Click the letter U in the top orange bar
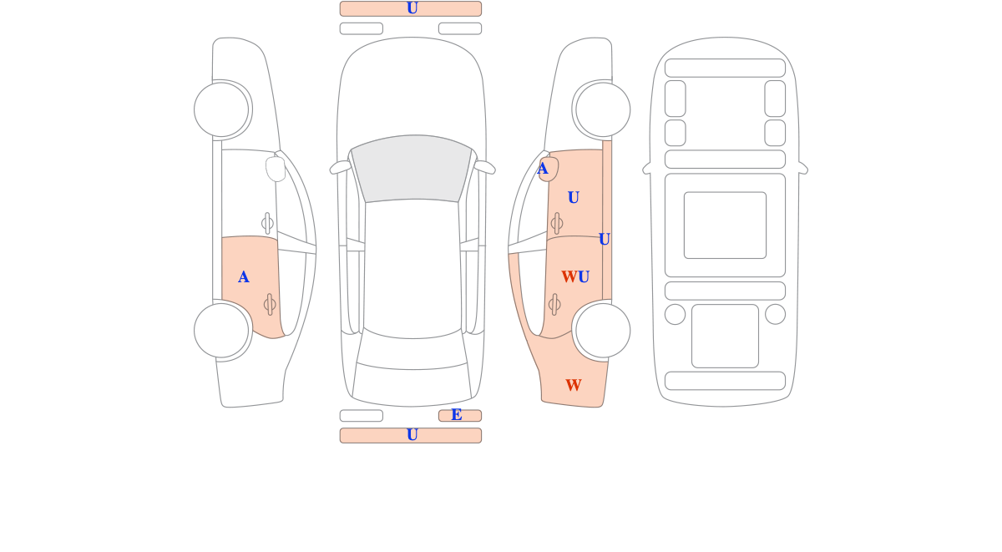tap(412, 8)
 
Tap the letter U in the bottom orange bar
tap(412, 435)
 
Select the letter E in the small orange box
tap(456, 415)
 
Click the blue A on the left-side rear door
tap(243, 277)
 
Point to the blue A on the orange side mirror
tap(542, 169)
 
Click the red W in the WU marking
tap(569, 277)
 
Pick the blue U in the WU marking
tap(584, 277)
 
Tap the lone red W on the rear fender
tap(574, 385)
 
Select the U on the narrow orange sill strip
tap(604, 240)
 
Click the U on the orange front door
tap(574, 197)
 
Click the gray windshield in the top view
tap(412, 168)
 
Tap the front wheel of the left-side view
tap(221, 109)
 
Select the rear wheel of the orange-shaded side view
tap(603, 331)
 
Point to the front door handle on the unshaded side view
tap(267, 223)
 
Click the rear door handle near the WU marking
tap(554, 305)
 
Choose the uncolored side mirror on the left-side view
tap(276, 169)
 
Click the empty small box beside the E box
tap(362, 416)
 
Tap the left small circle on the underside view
tap(675, 314)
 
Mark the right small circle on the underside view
tap(775, 314)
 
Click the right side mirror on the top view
tap(485, 167)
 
